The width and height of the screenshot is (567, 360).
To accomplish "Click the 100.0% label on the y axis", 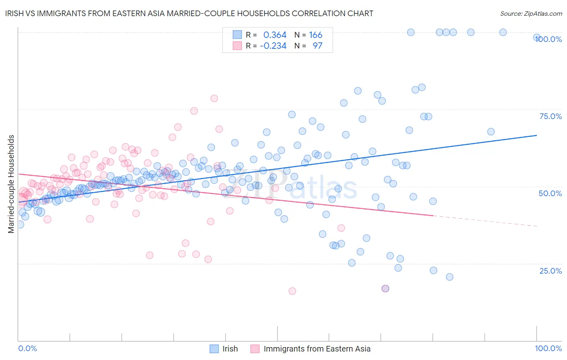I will coord(548,39).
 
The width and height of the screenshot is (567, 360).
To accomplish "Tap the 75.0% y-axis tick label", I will coord(550,116).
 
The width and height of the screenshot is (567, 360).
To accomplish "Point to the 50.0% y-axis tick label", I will coord(550,193).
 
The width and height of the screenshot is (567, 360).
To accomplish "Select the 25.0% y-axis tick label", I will coord(550,270).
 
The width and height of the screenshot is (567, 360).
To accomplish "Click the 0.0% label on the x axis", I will coord(27,348).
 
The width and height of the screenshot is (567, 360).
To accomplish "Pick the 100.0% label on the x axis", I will coord(548,348).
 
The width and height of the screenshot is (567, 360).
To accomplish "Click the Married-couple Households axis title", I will coord(11,184).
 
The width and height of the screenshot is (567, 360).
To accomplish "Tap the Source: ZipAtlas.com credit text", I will coord(531,13).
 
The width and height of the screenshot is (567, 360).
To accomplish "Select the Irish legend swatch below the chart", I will coord(214,349).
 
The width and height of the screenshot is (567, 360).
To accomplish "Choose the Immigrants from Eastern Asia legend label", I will coord(317,349).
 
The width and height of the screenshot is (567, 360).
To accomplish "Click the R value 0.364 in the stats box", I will coord(275,35).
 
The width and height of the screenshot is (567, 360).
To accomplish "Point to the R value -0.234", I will coord(273,46).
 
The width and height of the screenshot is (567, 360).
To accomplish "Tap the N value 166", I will coord(316,35).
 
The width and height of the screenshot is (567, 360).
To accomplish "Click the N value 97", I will coord(317,46).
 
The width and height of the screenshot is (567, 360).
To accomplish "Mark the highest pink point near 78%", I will coord(214,98).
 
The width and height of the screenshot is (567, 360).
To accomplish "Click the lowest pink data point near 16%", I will coord(292,291).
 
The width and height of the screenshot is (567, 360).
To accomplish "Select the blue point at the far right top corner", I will coord(537,37).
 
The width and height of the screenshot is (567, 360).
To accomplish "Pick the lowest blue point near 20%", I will coord(450,277).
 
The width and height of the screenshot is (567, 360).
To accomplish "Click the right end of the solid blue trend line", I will coord(537,136).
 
